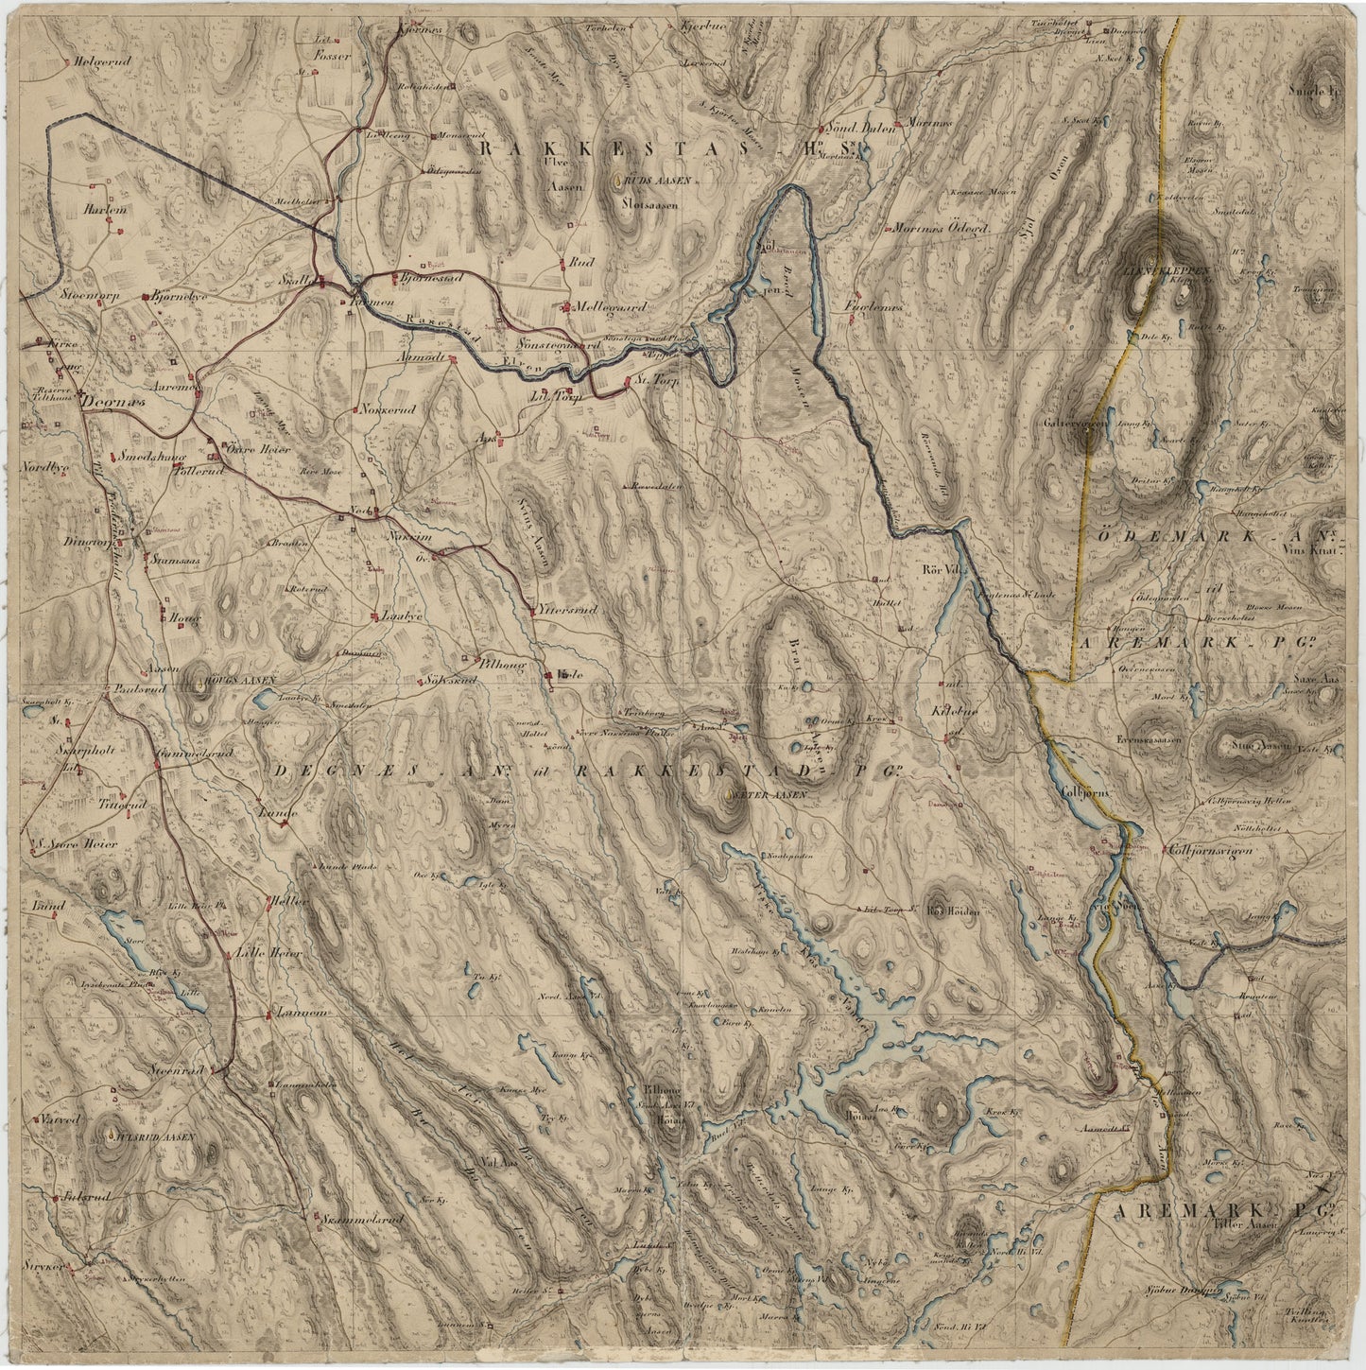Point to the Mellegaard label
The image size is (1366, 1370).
point(607,306)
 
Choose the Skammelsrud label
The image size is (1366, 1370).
point(364,1220)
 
